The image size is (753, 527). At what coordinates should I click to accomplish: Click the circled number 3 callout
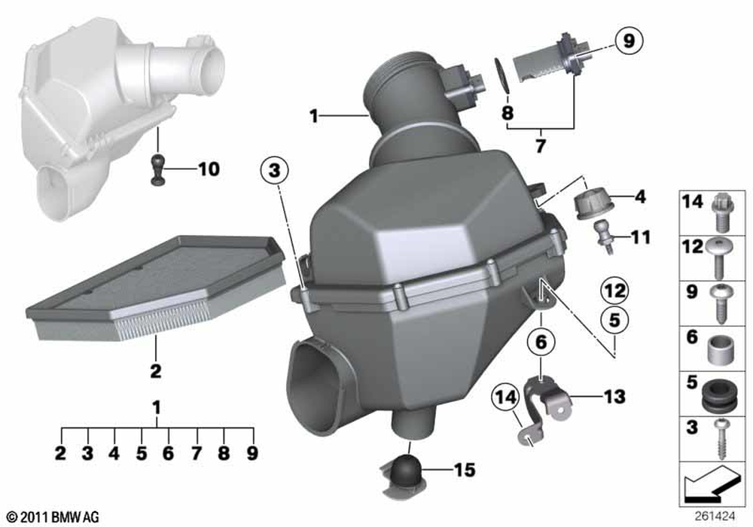tap(274, 170)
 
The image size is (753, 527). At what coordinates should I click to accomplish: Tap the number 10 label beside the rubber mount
tap(209, 169)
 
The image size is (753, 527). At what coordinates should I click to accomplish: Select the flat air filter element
tap(156, 288)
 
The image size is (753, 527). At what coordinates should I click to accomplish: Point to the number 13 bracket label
tap(614, 397)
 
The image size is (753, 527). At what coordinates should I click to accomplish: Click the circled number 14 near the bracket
tap(506, 398)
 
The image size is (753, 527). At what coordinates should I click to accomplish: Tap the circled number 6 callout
tap(541, 342)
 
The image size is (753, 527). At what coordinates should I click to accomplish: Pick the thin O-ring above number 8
tap(501, 75)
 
